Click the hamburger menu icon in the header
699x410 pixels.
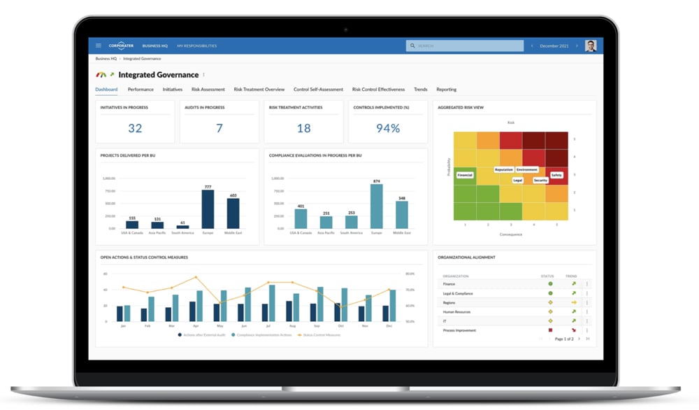coord(99,45)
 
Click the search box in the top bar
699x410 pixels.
coord(465,45)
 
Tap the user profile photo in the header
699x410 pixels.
coord(591,45)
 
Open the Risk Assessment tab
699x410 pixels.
coord(208,90)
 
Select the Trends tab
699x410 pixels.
coord(420,90)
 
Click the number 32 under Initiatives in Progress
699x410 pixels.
coord(135,128)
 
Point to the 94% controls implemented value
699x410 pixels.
coord(387,128)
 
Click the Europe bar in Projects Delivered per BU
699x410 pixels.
coord(208,209)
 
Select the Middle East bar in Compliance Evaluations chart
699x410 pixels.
coord(401,216)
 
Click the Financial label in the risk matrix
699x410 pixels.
coord(465,175)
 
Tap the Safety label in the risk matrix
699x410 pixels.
coord(556,175)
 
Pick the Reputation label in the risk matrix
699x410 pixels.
coord(503,169)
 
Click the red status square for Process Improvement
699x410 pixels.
coord(550,330)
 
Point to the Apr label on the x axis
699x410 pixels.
coord(195,326)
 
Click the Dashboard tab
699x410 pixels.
coord(106,90)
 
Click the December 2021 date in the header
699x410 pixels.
coord(554,45)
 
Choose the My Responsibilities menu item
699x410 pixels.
coord(196,45)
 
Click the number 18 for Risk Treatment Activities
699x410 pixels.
coord(303,128)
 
